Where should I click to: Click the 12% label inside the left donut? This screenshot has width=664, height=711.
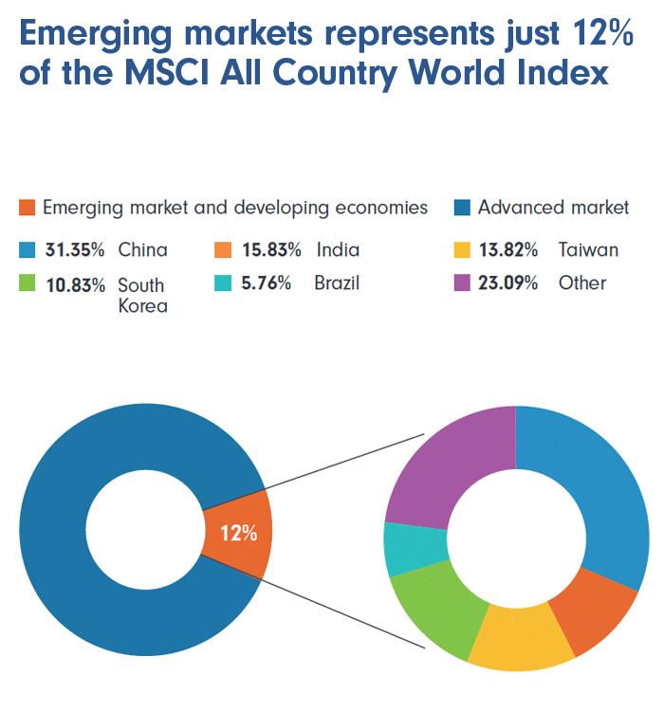[238, 532]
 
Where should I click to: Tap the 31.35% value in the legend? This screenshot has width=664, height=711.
[74, 250]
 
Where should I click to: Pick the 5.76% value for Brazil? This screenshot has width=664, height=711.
[267, 283]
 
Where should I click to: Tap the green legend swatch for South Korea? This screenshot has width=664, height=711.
[27, 283]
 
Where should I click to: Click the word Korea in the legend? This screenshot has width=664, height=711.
[142, 305]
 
